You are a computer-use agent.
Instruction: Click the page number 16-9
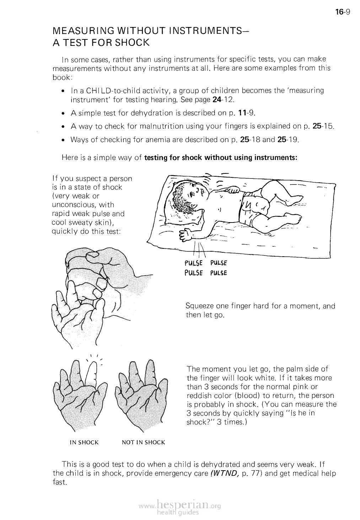click(x=342, y=12)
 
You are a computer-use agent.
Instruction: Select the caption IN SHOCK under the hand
click(x=84, y=443)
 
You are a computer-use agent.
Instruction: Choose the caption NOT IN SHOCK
click(x=143, y=443)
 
